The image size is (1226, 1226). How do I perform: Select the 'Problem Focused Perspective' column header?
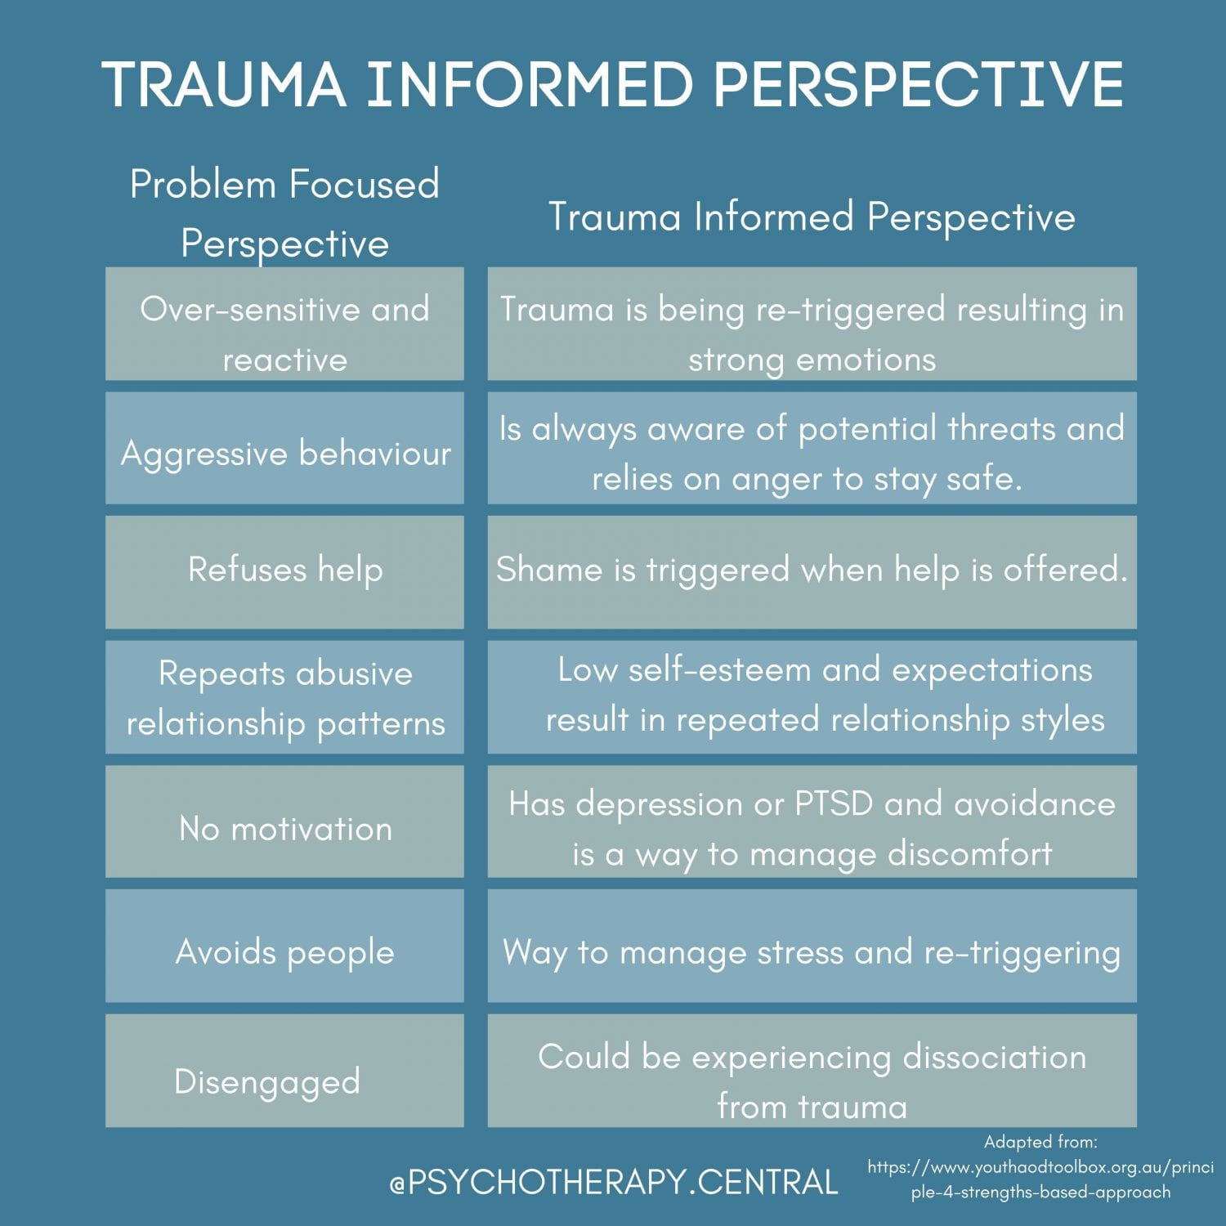coord(284,213)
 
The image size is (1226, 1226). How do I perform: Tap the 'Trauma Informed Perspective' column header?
coord(812,217)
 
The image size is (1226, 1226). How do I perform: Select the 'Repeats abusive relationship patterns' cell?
coord(284,697)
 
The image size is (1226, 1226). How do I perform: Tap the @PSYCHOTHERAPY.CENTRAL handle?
coord(614,1183)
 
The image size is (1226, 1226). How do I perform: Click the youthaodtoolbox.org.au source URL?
coord(1040,1179)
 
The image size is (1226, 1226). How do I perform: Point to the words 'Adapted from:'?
coord(1040,1142)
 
